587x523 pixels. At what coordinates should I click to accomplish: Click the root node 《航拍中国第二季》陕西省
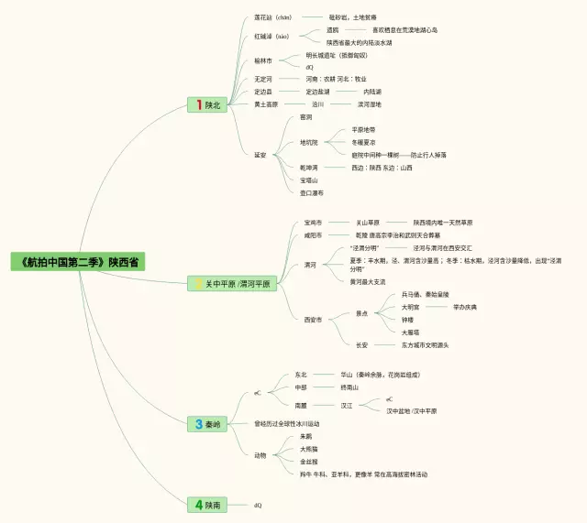78,262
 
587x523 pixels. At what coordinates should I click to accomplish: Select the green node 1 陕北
207,105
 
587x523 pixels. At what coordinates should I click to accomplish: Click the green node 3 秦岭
207,424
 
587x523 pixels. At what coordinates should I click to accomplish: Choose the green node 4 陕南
207,505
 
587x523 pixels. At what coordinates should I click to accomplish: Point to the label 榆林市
263,60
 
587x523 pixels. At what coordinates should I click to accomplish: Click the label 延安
260,155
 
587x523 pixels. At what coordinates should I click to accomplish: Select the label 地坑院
309,142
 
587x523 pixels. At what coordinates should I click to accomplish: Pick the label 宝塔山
307,180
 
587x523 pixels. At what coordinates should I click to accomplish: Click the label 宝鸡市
313,223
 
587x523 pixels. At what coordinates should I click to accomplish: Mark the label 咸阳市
313,235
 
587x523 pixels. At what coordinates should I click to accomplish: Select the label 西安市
313,320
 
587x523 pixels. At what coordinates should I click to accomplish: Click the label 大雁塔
410,332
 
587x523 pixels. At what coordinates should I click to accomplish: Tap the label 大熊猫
309,449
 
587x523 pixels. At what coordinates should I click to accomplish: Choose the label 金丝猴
309,462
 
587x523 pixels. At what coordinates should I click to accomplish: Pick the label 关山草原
368,223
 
